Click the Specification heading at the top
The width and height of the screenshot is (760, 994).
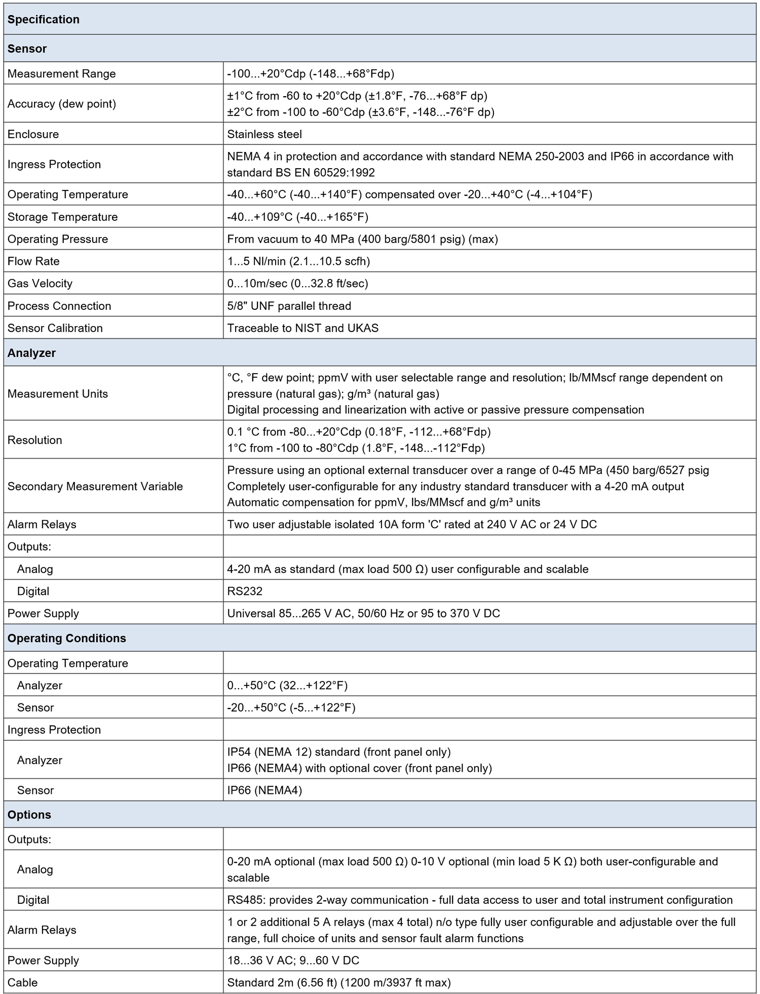pyautogui.click(x=44, y=20)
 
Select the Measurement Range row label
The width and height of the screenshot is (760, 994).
pyautogui.click(x=62, y=74)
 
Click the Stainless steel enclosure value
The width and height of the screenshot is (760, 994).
pyautogui.click(x=264, y=134)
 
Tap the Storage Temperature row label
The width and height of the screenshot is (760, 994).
pyautogui.click(x=62, y=217)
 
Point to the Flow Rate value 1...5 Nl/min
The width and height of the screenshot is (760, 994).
pyautogui.click(x=298, y=261)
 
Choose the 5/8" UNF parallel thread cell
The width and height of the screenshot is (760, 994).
pyautogui.click(x=289, y=306)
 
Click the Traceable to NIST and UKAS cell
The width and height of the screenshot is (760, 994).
pyautogui.click(x=302, y=328)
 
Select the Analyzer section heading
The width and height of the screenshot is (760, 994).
pyautogui.click(x=31, y=353)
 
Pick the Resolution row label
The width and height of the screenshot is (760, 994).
pyautogui.click(x=35, y=440)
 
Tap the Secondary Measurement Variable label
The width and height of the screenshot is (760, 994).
pyautogui.click(x=95, y=486)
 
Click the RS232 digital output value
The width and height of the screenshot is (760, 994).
pyautogui.click(x=245, y=591)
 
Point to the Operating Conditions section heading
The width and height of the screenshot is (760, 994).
pyautogui.click(x=67, y=638)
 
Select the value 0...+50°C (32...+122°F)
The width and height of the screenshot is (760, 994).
pyautogui.click(x=287, y=686)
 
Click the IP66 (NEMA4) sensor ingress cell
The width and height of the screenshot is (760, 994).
pyautogui.click(x=264, y=790)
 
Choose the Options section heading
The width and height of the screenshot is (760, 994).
pyautogui.click(x=29, y=815)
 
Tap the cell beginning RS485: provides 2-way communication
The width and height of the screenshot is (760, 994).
pyautogui.click(x=479, y=900)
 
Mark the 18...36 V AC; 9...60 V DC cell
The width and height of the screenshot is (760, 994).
pyautogui.click(x=293, y=960)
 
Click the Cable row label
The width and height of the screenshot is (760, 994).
pyautogui.click(x=23, y=982)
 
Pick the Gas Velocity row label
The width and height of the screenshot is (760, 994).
pyautogui.click(x=40, y=284)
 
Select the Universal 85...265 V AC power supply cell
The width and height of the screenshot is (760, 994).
pyautogui.click(x=363, y=613)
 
